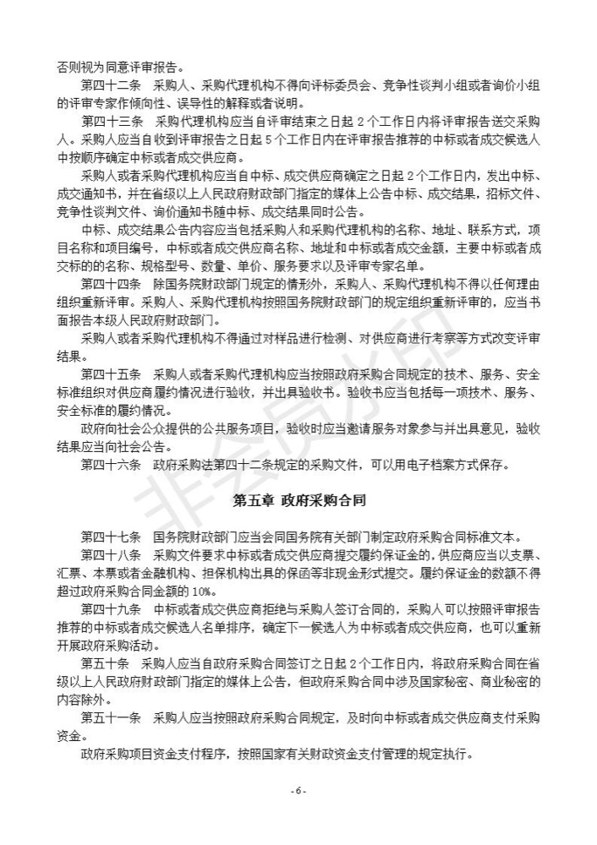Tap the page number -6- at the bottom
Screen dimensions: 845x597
tap(298, 790)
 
